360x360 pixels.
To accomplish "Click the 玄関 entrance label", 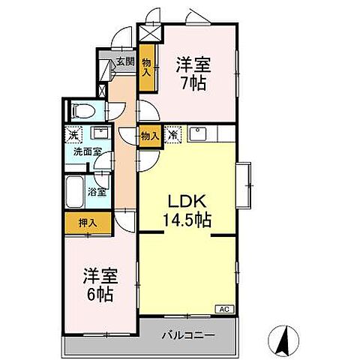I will tap(124, 62).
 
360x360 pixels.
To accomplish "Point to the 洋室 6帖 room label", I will tap(98, 284).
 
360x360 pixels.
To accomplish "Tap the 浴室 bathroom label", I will tap(97, 191).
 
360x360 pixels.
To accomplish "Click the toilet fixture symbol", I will tap(82, 112).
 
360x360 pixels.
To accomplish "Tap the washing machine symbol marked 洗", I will tap(73, 135).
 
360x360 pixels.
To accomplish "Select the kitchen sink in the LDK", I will tap(199, 135).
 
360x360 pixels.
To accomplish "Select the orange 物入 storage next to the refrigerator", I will tap(149, 136).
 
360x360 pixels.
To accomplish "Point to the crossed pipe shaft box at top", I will tap(150, 33).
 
